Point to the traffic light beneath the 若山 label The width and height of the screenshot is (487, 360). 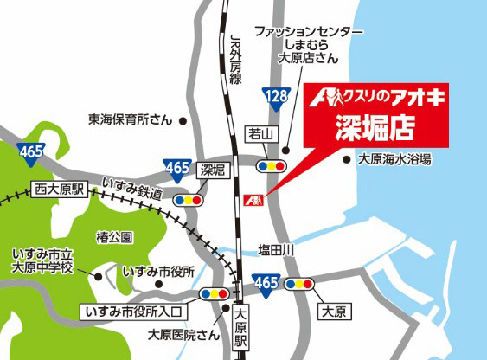pyautogui.click(x=274, y=163)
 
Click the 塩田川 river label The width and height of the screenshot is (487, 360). pyautogui.click(x=278, y=250)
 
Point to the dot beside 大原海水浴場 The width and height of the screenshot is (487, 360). pyautogui.click(x=347, y=159)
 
